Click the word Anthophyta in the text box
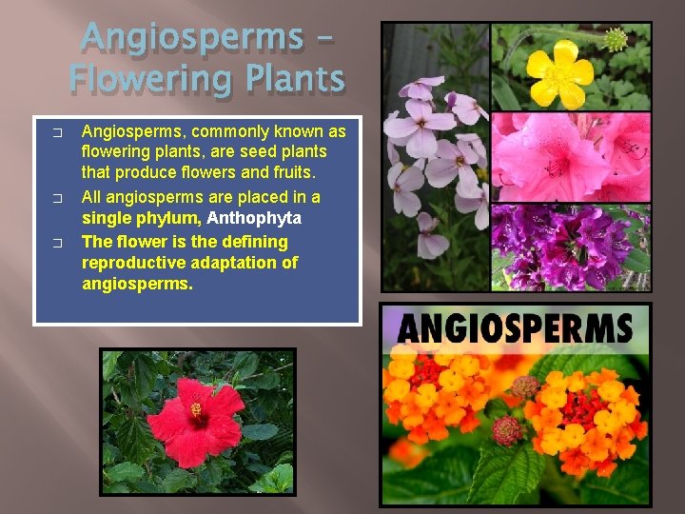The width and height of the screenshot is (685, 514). pyautogui.click(x=254, y=218)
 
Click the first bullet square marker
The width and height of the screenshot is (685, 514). pyautogui.click(x=58, y=131)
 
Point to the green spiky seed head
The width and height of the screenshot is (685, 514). pyautogui.click(x=616, y=39)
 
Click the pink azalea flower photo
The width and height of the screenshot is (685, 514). pyautogui.click(x=571, y=157)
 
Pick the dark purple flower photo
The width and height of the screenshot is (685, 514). pyautogui.click(x=571, y=247)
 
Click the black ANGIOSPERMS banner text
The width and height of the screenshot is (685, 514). pyautogui.click(x=515, y=328)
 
